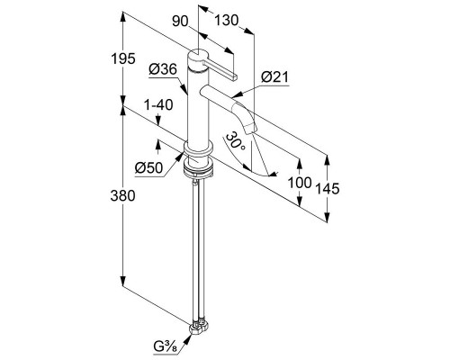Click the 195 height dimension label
pos(123,58)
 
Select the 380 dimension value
pos(122,196)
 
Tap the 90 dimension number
pos(180,22)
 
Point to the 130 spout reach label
pos(226,21)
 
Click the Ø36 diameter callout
pos(163,69)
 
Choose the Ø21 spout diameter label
pos(274,77)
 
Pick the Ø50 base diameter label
pos(148,168)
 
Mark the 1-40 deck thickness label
pos(158,105)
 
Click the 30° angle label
pos(236,142)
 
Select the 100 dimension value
pos(300,183)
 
